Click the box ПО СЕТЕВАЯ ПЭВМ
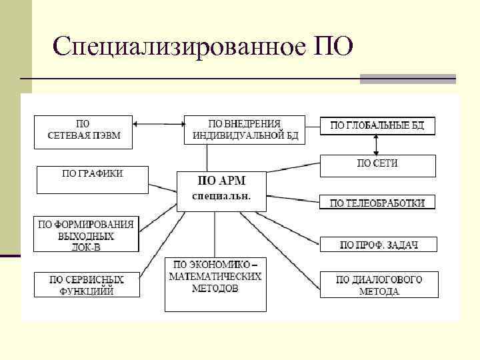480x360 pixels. [83, 132]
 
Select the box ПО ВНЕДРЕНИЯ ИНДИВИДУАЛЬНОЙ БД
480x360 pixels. [244, 129]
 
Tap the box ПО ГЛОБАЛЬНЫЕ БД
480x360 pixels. [377, 125]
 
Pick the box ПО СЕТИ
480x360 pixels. [377, 165]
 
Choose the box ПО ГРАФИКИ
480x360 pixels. [92, 179]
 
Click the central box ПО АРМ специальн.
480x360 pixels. [221, 190]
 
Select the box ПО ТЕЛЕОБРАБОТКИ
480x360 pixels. [377, 202]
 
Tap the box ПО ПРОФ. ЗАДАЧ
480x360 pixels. [378, 244]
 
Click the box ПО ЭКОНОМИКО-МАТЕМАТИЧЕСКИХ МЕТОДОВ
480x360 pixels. [215, 283]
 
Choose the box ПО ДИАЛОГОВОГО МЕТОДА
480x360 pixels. [378, 285]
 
